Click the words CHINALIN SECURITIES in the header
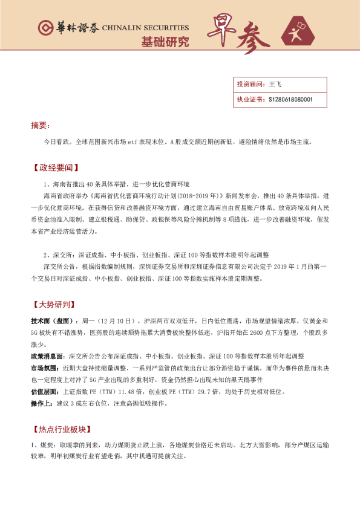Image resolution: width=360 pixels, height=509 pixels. click(x=145, y=28)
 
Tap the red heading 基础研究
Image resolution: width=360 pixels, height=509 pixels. click(x=165, y=42)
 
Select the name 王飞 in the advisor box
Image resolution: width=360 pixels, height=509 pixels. click(x=275, y=85)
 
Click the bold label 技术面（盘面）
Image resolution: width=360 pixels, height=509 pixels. click(x=54, y=321)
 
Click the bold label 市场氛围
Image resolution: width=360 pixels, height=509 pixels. click(x=44, y=368)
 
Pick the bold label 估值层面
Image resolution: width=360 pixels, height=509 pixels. click(x=44, y=392)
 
